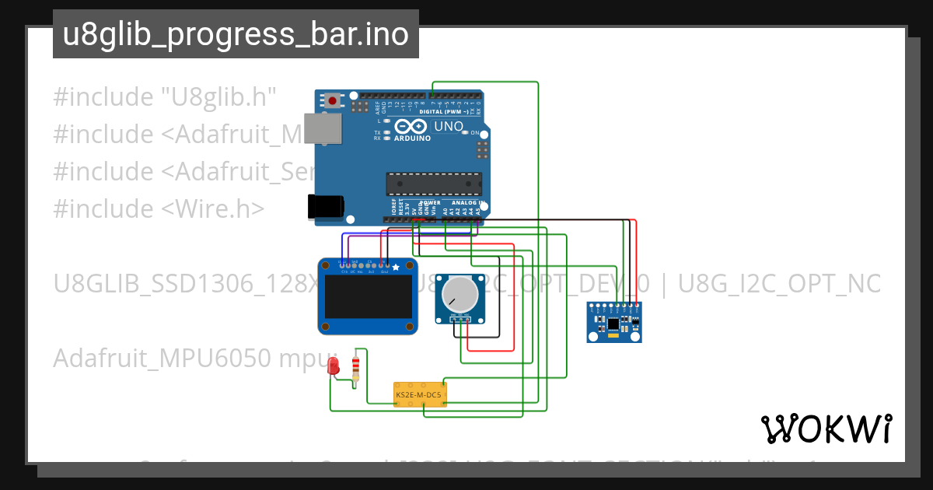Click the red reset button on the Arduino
334,100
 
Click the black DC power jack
325,206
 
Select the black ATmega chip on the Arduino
434,184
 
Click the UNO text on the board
449,126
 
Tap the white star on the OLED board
396,268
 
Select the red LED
334,366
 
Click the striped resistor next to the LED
356,367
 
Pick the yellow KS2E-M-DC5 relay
419,394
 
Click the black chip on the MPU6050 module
614,322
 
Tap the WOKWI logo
826,429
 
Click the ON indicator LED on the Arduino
465,132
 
